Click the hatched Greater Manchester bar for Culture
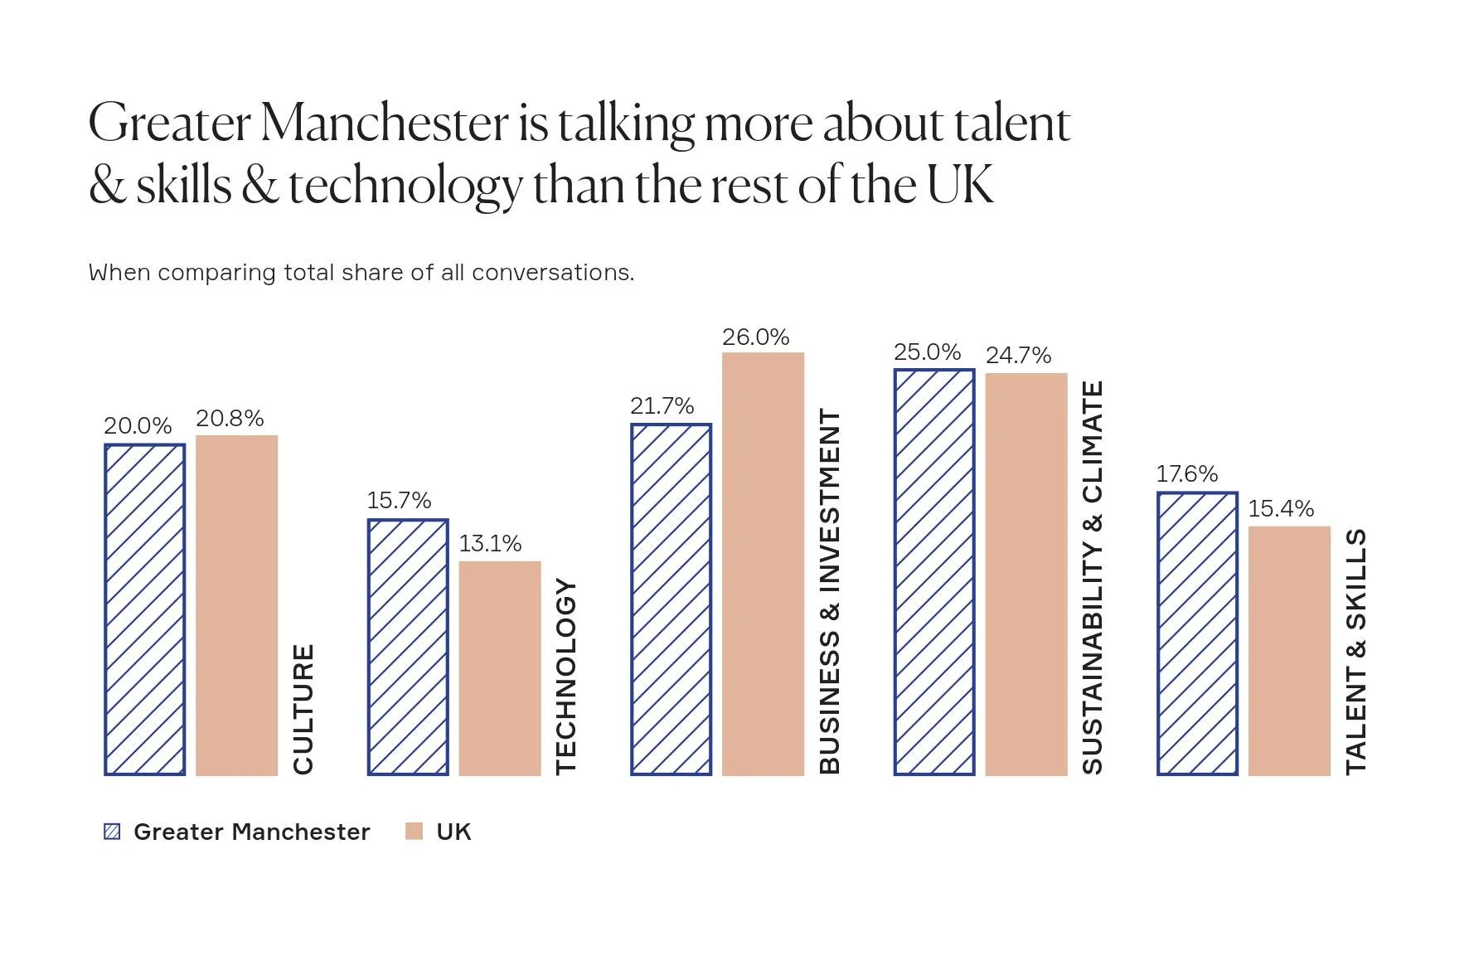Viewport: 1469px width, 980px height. pos(144,609)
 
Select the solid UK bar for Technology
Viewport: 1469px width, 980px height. pos(499,668)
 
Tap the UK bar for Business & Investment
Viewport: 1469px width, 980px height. pos(763,564)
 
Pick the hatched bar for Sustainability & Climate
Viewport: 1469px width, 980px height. pos(934,572)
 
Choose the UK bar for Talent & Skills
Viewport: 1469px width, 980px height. pos(1289,651)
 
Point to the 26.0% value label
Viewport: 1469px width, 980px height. pos(755,337)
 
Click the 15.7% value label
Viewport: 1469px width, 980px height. pos(399,501)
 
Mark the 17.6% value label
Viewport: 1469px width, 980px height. pos(1186,474)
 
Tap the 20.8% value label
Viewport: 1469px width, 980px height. pos(230,419)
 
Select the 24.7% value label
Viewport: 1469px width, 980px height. pos(1018,356)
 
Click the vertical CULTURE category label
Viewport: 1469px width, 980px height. pos(303,709)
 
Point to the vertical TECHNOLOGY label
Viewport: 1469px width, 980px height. pos(565,676)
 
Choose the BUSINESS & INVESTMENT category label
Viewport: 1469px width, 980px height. pos(830,592)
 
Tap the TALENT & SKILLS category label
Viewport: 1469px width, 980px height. pos(1356,652)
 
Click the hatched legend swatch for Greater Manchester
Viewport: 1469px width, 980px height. pos(112,832)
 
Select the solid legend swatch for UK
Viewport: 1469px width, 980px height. pos(414,832)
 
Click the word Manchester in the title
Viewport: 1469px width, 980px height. pos(384,124)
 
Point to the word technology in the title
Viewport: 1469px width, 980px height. pos(405,186)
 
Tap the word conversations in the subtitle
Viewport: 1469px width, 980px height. pos(552,273)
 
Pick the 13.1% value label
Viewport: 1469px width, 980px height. pos(490,544)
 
